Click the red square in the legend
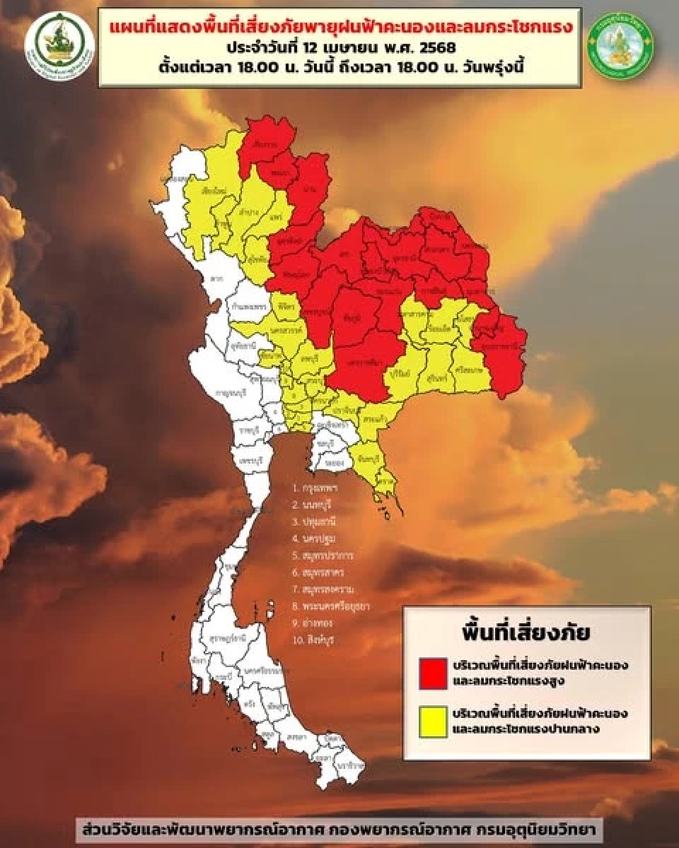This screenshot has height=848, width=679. click(433, 672)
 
